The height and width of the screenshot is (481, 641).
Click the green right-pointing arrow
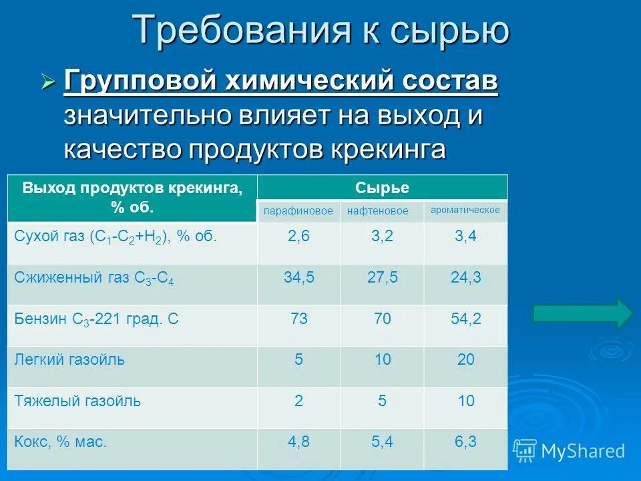click(583, 313)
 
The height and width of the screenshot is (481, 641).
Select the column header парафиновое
click(298, 211)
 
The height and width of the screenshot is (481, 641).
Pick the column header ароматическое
click(465, 210)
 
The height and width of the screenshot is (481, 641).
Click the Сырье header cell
click(382, 188)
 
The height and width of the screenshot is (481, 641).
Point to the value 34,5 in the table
click(299, 277)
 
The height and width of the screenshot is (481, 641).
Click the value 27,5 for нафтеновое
click(383, 277)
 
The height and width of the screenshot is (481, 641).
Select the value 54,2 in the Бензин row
click(465, 319)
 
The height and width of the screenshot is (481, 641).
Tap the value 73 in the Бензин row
click(299, 319)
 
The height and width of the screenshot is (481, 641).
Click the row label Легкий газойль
click(69, 360)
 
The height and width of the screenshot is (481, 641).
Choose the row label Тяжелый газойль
click(77, 402)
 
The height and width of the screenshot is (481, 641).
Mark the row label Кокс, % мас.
click(61, 442)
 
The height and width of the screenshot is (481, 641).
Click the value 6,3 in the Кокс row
click(465, 442)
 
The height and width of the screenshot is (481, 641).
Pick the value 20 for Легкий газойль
click(465, 360)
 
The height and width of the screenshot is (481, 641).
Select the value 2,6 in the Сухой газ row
click(299, 236)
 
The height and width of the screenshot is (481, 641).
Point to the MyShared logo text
click(583, 451)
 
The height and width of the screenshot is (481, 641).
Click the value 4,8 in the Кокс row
click(299, 442)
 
